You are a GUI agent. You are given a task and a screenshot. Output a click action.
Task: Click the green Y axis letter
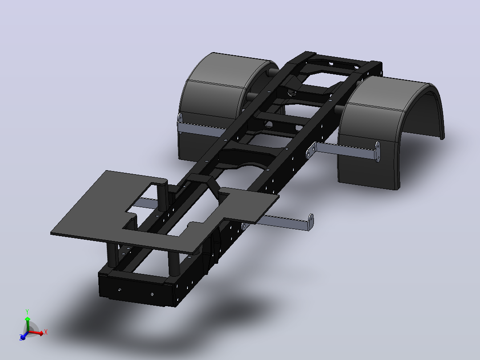click(27, 312)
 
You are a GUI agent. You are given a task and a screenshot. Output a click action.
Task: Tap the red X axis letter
click(45, 332)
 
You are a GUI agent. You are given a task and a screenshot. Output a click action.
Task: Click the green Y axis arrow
click(28, 323)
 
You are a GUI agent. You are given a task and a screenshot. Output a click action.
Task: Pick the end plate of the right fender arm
click(378, 151)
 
